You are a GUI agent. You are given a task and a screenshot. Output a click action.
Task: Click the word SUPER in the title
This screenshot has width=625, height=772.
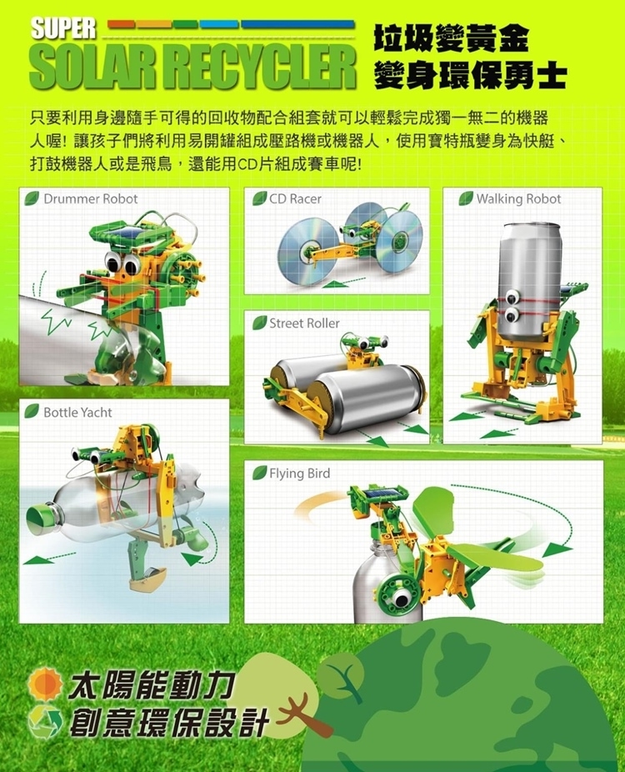point(63,28)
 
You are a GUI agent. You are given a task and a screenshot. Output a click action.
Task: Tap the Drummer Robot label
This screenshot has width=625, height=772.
point(91,199)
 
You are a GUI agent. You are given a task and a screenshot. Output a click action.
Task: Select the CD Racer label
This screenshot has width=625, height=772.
point(295,199)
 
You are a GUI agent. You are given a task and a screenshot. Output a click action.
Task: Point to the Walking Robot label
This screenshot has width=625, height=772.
point(518,199)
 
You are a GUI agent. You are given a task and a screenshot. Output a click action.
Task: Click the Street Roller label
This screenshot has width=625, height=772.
point(305,323)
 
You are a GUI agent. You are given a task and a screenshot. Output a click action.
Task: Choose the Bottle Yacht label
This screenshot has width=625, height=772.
point(77,412)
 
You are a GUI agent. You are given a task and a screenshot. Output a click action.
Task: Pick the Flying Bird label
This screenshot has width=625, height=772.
point(300,474)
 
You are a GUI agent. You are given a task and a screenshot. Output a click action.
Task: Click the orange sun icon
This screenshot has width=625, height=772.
point(45,684)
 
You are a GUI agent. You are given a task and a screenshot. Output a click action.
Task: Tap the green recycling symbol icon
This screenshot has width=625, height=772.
point(45,722)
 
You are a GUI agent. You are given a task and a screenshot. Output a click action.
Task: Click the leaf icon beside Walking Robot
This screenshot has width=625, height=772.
point(466,198)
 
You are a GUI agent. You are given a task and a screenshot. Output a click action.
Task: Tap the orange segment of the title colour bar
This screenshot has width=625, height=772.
point(121,25)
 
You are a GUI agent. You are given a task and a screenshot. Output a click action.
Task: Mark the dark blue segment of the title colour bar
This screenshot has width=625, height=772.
point(297,25)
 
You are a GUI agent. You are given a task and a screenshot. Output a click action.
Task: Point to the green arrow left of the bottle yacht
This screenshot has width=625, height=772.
point(48,558)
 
